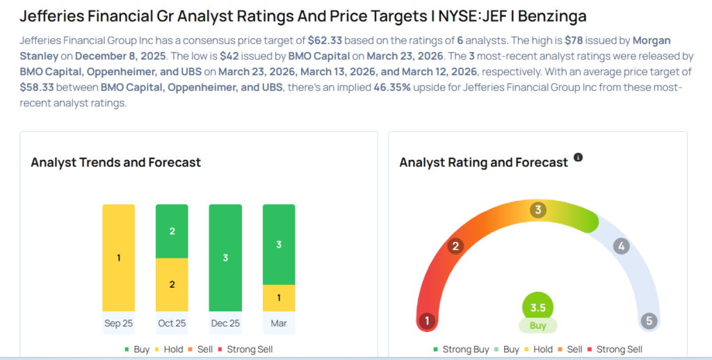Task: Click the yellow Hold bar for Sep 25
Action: point(118,258)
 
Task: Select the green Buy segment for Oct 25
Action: point(172,231)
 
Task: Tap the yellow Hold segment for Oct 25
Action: point(172,284)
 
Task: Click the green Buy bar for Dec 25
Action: point(225,258)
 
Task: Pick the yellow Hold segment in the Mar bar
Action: point(279,297)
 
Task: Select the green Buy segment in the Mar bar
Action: point(279,245)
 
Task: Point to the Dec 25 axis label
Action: point(225,323)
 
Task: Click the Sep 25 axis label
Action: point(118,323)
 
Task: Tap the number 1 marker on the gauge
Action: point(428,321)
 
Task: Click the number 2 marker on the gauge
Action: point(455,246)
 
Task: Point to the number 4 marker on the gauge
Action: point(622,246)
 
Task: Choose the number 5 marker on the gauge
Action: point(649,321)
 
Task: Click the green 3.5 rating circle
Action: point(538,306)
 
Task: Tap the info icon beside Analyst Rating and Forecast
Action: point(578,158)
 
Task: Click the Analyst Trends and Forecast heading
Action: point(115,163)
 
